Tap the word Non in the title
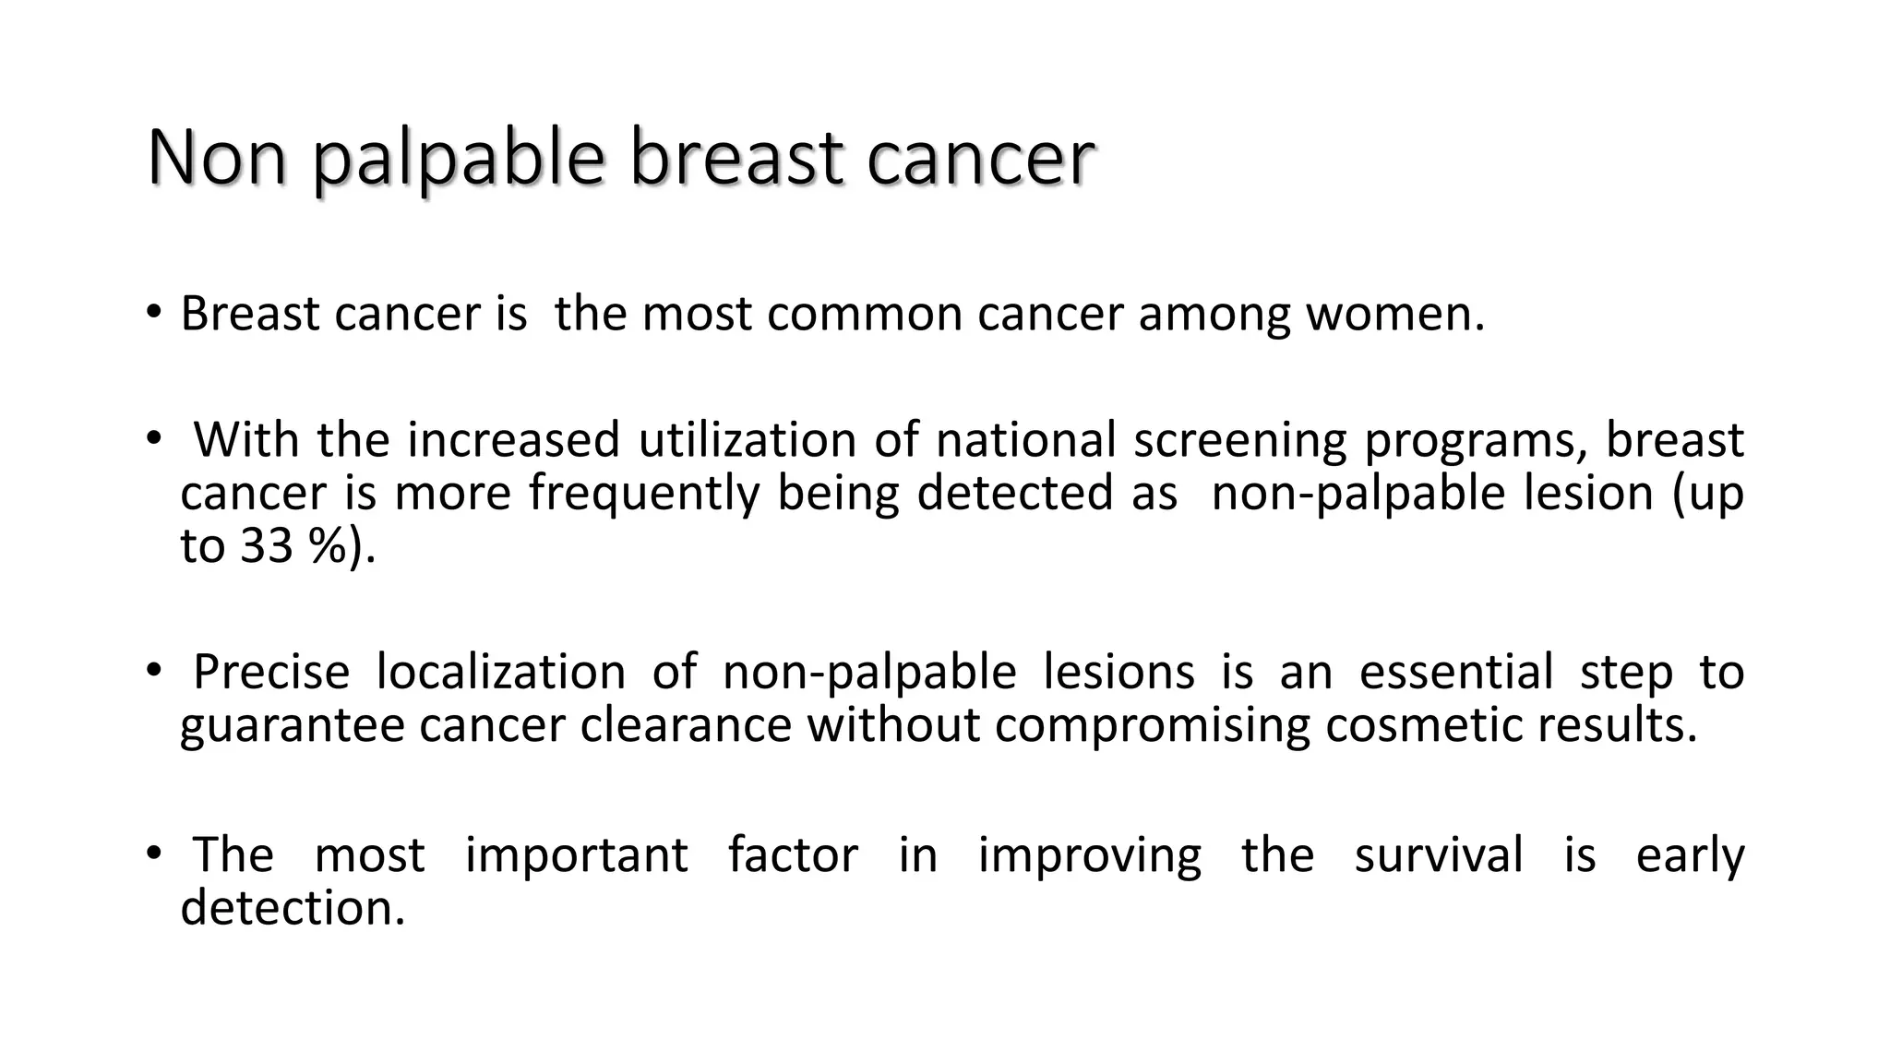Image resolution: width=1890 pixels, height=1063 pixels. click(216, 159)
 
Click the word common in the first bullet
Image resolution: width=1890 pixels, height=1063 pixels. click(864, 314)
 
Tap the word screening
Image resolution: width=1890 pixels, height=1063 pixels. click(1240, 441)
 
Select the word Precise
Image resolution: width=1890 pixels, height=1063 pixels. click(271, 672)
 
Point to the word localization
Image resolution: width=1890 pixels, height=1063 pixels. click(501, 672)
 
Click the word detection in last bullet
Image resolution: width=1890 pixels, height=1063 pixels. click(293, 908)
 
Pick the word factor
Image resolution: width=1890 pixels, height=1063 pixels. click(793, 854)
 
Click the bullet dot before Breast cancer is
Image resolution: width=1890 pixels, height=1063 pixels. click(153, 311)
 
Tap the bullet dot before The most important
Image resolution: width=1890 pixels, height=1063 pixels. click(153, 852)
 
